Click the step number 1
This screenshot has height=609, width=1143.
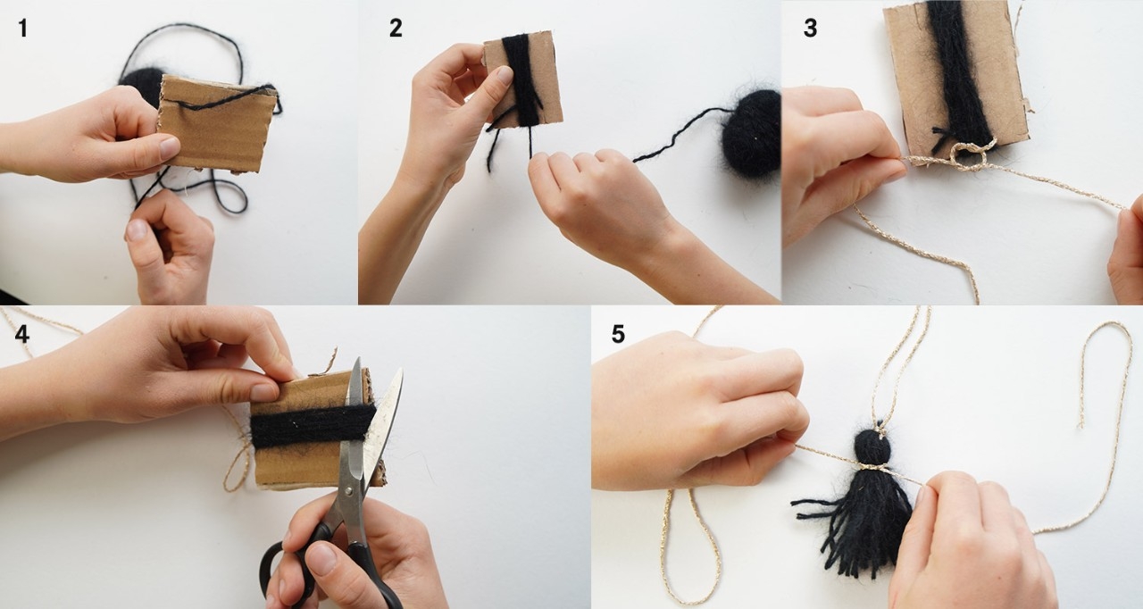23,28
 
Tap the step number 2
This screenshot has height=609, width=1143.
396,28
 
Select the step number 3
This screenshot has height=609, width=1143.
810,28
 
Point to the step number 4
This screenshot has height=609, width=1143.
22,334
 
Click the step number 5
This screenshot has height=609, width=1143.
618,334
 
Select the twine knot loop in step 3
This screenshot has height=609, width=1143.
969,155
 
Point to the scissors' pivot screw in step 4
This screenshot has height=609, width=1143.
349,491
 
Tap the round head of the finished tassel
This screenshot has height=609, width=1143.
873,446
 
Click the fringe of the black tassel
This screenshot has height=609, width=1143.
857,525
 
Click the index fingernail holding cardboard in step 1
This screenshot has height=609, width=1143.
169,148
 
